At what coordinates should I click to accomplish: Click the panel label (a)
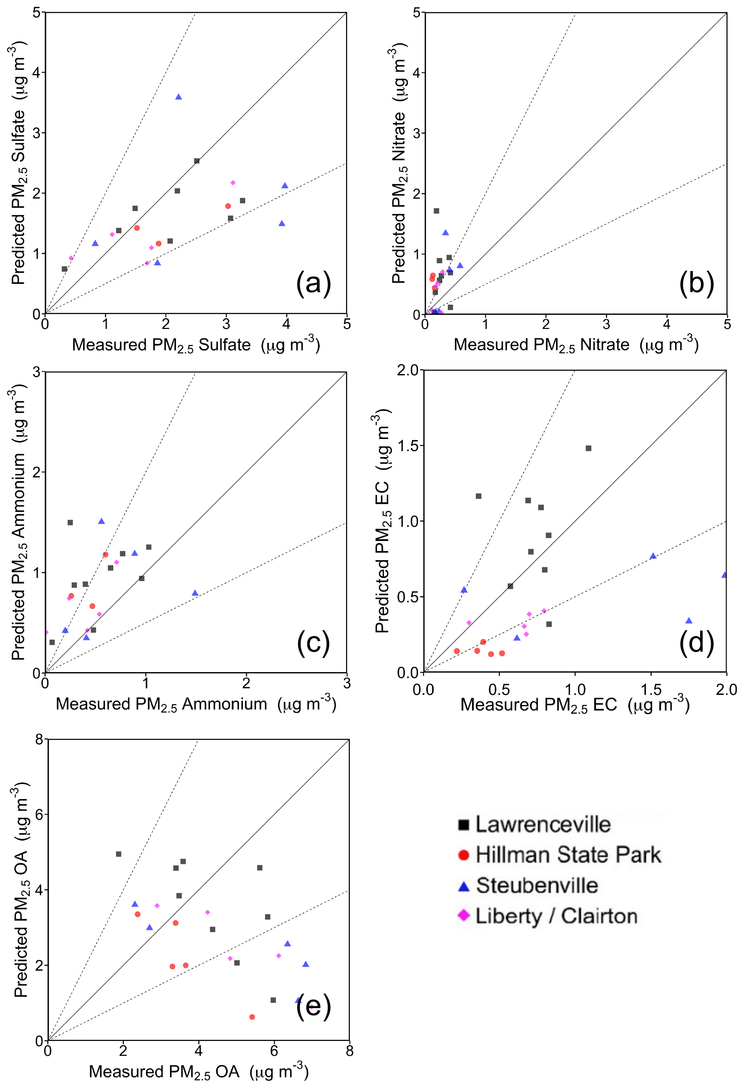coord(313,283)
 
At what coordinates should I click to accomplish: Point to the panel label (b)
coord(696,283)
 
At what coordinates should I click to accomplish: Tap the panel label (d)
coord(696,642)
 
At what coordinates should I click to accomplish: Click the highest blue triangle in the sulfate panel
coord(178,97)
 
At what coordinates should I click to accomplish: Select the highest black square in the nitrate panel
coord(436,211)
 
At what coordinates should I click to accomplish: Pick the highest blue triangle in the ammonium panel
coord(101,521)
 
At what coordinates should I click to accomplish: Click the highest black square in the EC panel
coord(588,448)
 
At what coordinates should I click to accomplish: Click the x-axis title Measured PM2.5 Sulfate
coord(196,345)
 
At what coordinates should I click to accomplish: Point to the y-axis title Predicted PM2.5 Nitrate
coord(399,164)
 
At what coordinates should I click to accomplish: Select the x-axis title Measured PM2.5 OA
coord(198,1072)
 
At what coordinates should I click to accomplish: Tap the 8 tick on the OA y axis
coord(39,739)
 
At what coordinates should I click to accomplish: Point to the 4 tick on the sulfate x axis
coord(286,324)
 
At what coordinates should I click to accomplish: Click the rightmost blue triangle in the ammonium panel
coord(195,593)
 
